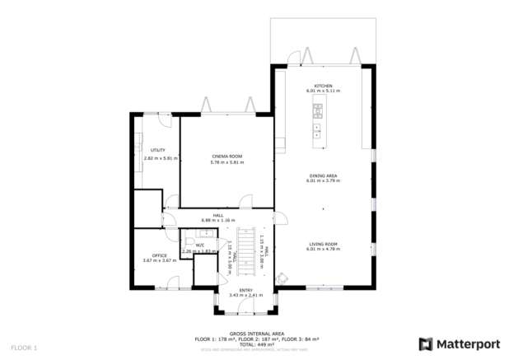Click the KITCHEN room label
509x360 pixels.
(323, 86)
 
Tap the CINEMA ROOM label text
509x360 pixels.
(226, 156)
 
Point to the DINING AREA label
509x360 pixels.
(323, 175)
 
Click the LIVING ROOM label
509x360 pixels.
(323, 244)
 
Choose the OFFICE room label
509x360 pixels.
(160, 255)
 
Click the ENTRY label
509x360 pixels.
(245, 290)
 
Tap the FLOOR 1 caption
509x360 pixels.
(24, 348)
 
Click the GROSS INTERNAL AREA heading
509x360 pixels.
(245, 334)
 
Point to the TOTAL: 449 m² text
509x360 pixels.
(245, 344)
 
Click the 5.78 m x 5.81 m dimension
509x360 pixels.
(226, 162)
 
